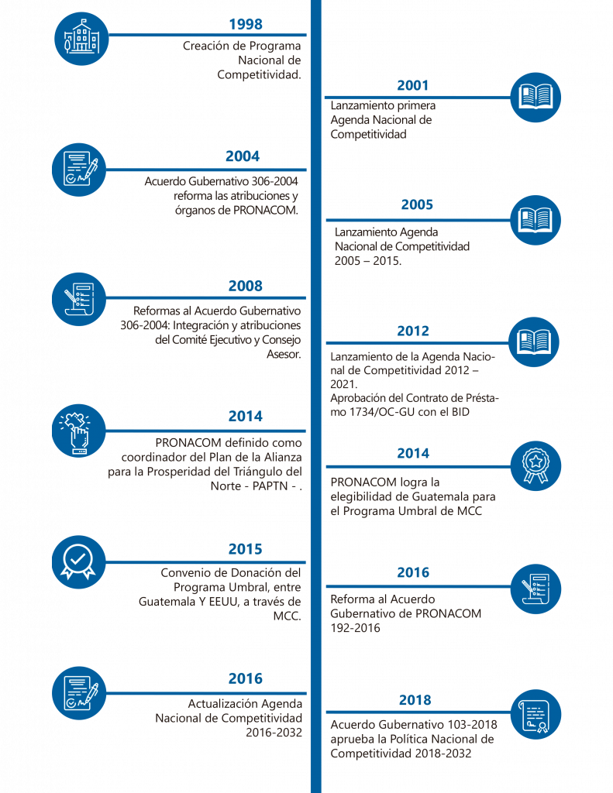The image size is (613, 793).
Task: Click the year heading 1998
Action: pos(246,24)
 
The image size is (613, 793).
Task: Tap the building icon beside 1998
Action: pos(81,39)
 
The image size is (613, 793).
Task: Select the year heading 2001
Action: pos(412,85)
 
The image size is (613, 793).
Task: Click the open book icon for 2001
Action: pos(536,97)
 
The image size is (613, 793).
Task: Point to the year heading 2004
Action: pos(243,156)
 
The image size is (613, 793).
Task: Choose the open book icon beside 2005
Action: pos(536,220)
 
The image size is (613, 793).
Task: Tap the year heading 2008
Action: pos(246,287)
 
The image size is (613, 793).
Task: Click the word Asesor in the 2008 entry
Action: pos(282,354)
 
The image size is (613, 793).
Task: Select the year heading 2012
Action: pos(413,331)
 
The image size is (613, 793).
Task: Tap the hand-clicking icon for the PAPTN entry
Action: pos(78,431)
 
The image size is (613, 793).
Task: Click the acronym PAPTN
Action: pos(270,486)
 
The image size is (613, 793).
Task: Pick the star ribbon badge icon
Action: pos(536,465)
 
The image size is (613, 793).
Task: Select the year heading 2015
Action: pos(246,549)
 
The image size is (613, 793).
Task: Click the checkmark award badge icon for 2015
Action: pos(78,562)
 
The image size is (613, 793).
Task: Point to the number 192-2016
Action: pos(356,628)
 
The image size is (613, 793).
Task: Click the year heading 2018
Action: pos(415,700)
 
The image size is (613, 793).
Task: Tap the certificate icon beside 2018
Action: pos(536,714)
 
